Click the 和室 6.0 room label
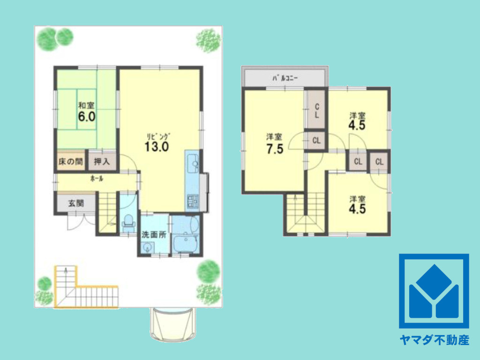[x=87, y=112]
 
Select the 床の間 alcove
[x=71, y=161]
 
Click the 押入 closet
[x=102, y=161]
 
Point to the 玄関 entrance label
[x=76, y=203]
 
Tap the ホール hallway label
[x=97, y=179]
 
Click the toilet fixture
[x=128, y=223]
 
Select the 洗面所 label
[x=154, y=235]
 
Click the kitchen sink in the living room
[x=193, y=163]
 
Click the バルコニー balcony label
[x=285, y=78]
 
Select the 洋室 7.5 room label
[x=275, y=143]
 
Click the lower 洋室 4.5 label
[x=358, y=205]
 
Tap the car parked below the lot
[x=172, y=324]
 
